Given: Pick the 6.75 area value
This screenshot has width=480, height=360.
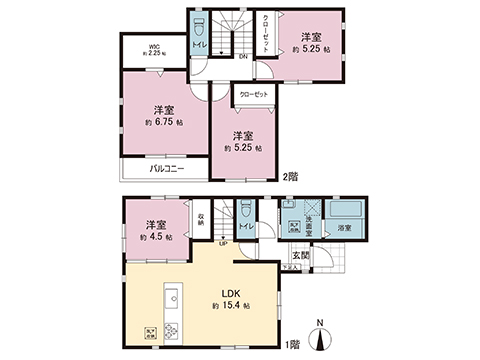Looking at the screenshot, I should pyautogui.click(x=165, y=122).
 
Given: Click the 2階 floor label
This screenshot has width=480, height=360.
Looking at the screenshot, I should pyautogui.click(x=291, y=176).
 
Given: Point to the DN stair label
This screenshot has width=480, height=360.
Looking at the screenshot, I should pyautogui.click(x=243, y=56).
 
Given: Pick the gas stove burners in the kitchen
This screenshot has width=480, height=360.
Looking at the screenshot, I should pyautogui.click(x=169, y=331).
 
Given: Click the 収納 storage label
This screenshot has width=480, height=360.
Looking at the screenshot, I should pyautogui.click(x=201, y=222).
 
